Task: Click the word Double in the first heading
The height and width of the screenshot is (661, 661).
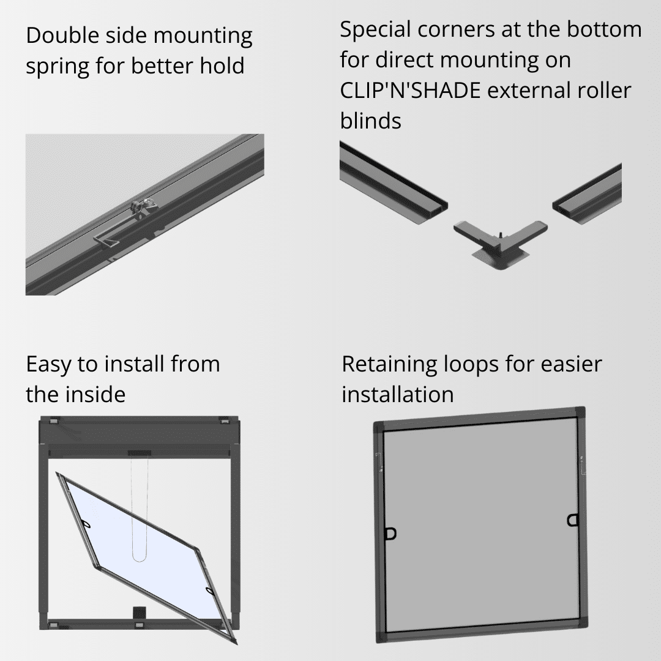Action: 62,35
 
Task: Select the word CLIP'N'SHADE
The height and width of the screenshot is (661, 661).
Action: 410,90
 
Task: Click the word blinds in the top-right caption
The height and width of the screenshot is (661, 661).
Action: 370,121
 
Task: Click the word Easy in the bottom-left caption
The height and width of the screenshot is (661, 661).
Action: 48,365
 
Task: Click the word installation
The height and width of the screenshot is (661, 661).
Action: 398,394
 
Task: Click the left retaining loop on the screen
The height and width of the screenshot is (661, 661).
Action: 390,534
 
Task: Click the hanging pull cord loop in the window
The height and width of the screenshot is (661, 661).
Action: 140,510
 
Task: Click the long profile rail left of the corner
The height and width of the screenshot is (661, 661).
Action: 394,183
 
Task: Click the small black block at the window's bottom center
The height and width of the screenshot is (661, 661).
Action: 139,613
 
